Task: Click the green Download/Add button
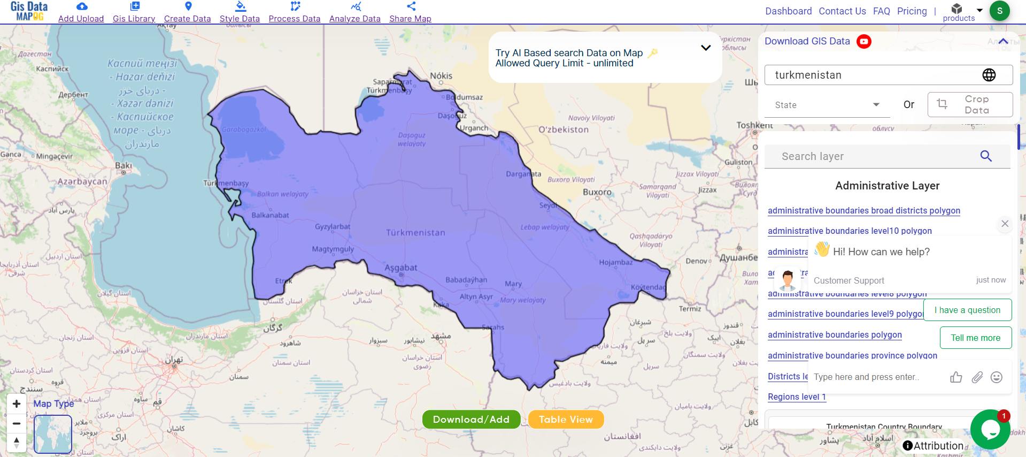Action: pos(471,420)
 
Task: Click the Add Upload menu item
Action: pos(81,13)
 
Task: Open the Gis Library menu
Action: pos(134,13)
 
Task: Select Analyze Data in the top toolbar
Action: pos(354,13)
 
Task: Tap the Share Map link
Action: pos(410,13)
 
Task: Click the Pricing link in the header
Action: pos(912,11)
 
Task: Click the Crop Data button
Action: pos(970,105)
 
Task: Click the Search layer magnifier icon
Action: pos(986,156)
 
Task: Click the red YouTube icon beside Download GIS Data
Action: pos(864,41)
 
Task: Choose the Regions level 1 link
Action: pos(797,397)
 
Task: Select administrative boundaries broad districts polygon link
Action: pos(863,210)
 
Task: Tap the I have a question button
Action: pos(967,310)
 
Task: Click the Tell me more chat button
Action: pos(975,338)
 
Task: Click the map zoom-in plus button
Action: pos(17,404)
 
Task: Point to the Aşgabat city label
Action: pos(401,268)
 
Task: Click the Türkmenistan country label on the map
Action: pos(415,233)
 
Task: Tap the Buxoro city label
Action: pos(597,192)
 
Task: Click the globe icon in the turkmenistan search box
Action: pos(989,75)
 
